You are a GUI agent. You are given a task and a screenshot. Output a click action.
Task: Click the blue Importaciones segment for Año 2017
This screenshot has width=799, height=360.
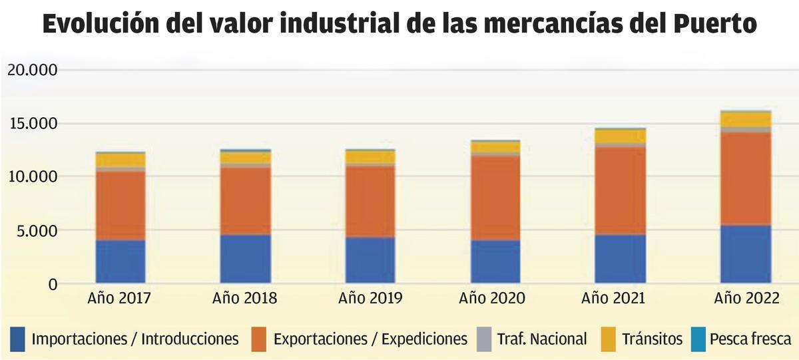(121, 262)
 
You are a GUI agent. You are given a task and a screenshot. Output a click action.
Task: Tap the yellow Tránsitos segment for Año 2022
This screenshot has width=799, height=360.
(746, 120)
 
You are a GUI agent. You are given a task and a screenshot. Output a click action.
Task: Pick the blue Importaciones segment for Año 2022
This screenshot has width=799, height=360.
(746, 254)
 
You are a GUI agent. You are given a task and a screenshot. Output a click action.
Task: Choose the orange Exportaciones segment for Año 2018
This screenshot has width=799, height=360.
(245, 201)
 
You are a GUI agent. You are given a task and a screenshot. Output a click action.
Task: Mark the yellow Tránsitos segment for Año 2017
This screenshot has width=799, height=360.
(121, 160)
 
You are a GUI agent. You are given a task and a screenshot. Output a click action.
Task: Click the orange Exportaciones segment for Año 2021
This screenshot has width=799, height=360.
(620, 190)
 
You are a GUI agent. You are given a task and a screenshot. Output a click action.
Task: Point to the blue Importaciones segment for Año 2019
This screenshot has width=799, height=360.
(370, 260)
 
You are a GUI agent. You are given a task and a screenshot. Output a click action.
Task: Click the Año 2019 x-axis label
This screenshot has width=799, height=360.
(370, 298)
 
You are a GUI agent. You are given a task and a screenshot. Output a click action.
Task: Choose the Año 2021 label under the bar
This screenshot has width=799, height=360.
(613, 298)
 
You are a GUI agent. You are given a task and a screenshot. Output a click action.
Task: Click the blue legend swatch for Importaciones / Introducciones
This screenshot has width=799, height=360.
(18, 339)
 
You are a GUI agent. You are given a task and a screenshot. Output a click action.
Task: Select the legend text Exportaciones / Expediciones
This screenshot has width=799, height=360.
(370, 339)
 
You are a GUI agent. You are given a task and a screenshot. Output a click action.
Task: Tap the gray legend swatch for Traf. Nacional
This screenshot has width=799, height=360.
(484, 339)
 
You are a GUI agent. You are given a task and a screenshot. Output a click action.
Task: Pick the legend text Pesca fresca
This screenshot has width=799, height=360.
(750, 339)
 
